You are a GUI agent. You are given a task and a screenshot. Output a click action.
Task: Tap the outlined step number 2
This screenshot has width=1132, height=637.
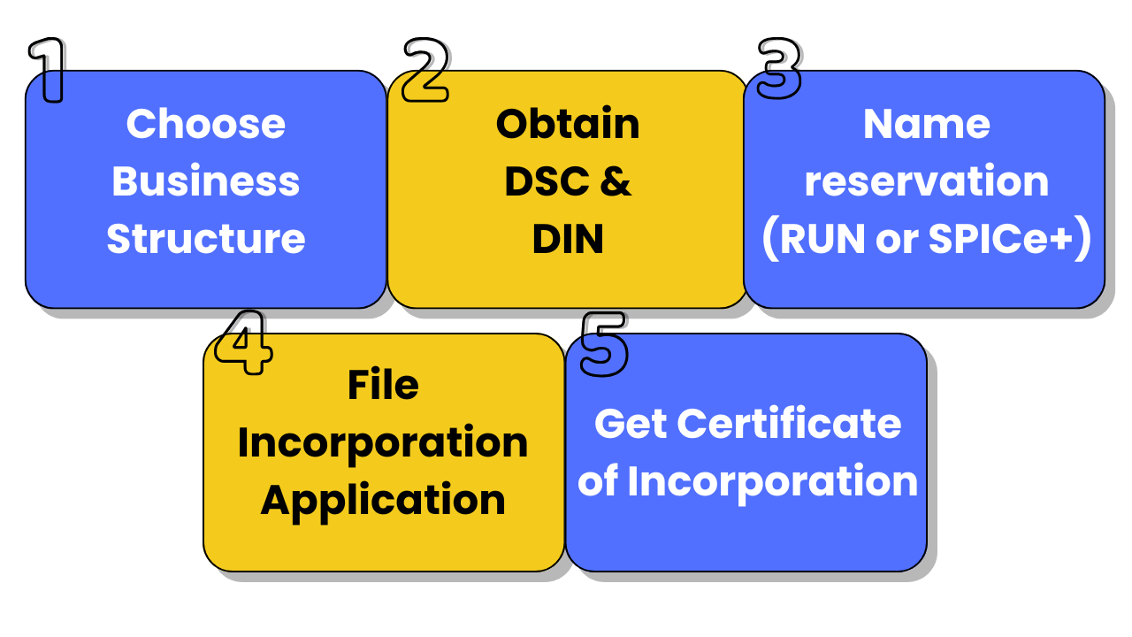(424, 69)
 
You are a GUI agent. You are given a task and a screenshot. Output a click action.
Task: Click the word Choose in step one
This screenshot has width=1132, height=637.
(205, 124)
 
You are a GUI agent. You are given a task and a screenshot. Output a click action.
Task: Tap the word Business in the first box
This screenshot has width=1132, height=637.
(205, 181)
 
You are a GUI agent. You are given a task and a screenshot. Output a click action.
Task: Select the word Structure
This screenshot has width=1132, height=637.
(205, 239)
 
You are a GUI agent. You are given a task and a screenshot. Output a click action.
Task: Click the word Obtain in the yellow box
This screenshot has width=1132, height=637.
(568, 124)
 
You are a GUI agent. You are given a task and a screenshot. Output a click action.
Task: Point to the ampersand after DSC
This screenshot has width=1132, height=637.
(616, 181)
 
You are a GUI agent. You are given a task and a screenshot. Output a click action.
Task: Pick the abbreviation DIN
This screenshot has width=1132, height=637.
(568, 239)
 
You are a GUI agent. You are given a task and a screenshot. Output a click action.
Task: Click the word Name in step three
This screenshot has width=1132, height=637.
(926, 124)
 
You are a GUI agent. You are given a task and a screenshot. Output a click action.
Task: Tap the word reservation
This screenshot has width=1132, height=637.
(926, 181)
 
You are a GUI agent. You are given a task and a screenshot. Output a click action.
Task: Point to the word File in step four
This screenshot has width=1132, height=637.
(383, 385)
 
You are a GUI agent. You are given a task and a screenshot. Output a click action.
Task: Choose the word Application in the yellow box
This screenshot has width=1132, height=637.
(383, 501)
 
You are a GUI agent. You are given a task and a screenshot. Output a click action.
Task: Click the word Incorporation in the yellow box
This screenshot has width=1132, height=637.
(383, 442)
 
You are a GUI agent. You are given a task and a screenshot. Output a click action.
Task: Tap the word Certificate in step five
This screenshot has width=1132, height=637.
(789, 424)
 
